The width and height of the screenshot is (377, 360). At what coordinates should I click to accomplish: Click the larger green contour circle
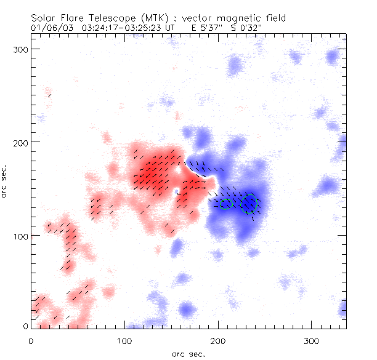coord(249,203)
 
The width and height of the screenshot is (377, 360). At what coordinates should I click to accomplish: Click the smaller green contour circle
coord(226,204)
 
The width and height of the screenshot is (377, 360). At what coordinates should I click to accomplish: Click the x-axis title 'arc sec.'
coord(188,353)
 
